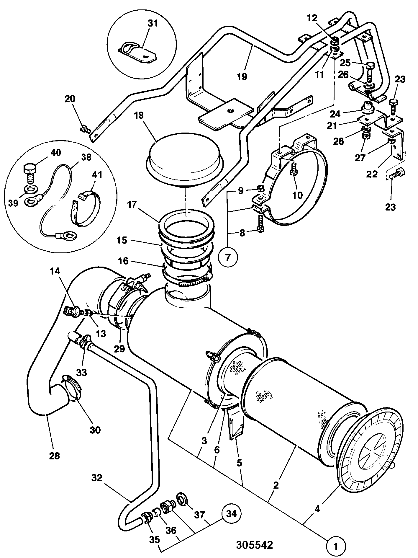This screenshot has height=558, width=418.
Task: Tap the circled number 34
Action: tap(232, 505)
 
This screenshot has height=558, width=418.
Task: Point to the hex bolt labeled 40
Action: tap(29, 174)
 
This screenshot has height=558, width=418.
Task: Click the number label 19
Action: tap(242, 76)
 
